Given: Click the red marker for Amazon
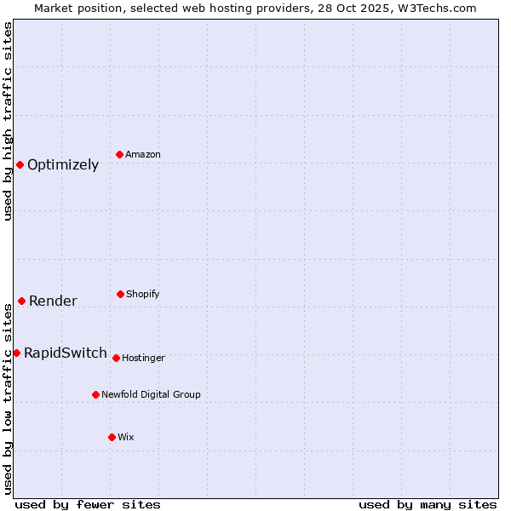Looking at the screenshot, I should click(120, 154).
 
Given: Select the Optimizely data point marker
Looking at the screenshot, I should click(20, 164).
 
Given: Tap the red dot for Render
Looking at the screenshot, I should click(21, 301).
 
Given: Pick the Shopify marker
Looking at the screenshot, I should click(120, 294).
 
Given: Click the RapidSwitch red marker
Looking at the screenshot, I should click(16, 353).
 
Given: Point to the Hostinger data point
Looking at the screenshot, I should click(116, 358).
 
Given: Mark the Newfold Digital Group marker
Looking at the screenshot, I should click(95, 394).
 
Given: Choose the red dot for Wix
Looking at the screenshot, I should click(112, 437).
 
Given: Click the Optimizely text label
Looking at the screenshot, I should click(63, 165).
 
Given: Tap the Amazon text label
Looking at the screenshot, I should click(143, 155).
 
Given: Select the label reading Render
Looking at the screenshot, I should click(53, 301).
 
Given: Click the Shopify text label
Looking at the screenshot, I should click(143, 295).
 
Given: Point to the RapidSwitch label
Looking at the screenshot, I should click(66, 353).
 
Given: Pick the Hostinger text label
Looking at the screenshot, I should click(143, 359).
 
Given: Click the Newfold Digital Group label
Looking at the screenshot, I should click(151, 395).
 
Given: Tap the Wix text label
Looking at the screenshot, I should click(126, 438).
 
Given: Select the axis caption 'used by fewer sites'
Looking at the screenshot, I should click(88, 504).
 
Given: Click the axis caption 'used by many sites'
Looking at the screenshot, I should click(428, 504).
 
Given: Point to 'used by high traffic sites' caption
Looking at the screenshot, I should click(8, 121).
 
